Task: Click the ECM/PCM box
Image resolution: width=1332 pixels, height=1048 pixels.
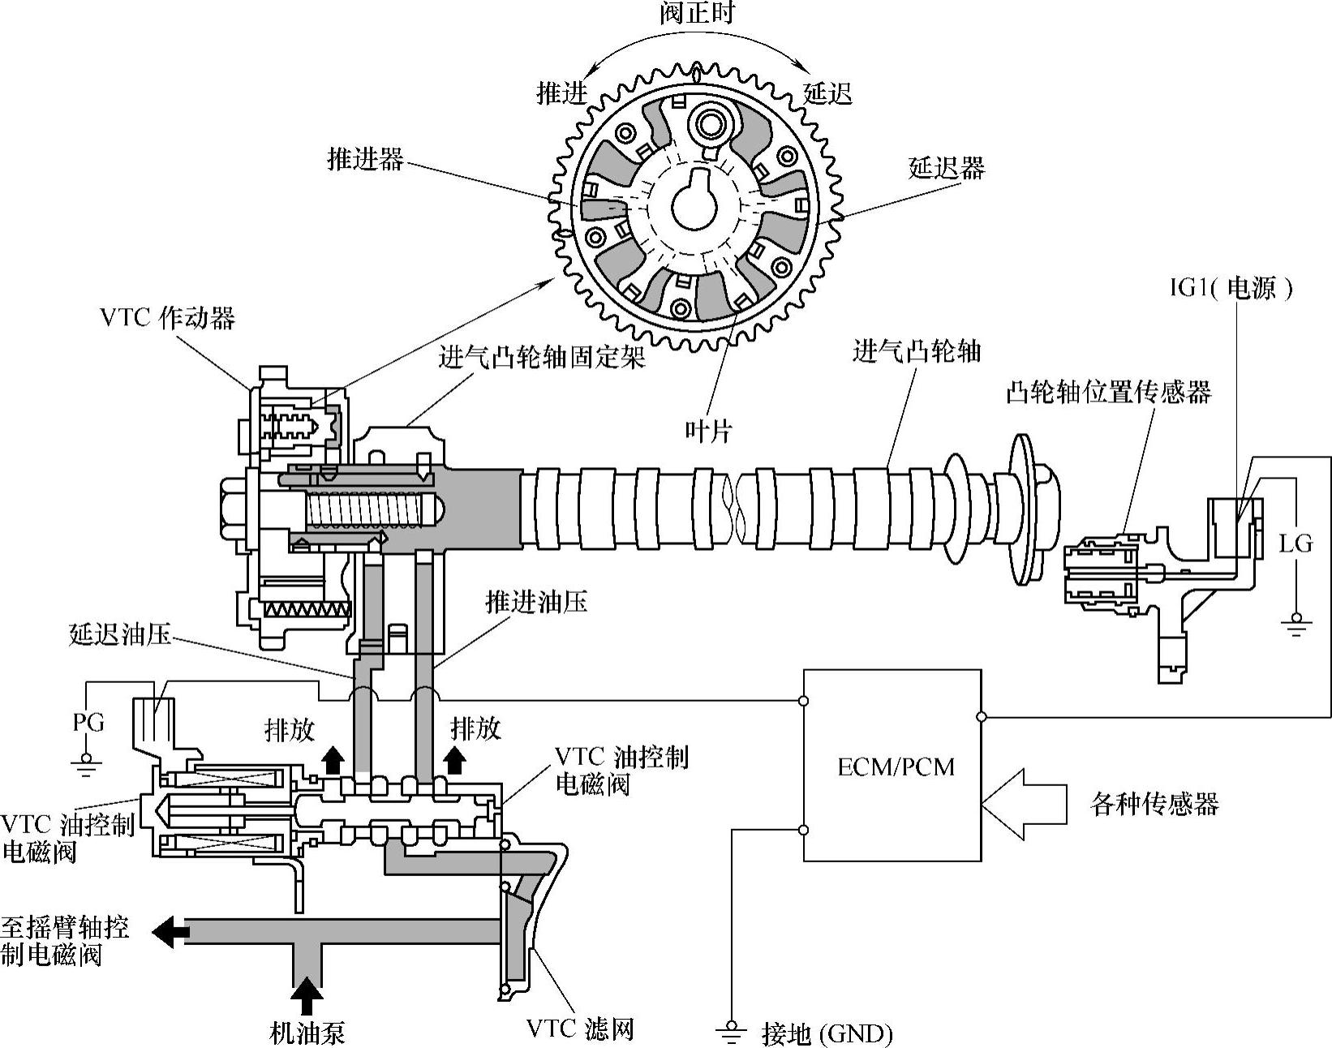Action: (892, 765)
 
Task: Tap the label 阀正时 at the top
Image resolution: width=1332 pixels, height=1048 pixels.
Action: (697, 14)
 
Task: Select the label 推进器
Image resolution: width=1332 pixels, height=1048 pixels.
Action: (365, 159)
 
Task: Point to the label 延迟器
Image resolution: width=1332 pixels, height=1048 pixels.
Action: (946, 168)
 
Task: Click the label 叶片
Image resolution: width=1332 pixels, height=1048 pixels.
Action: (707, 431)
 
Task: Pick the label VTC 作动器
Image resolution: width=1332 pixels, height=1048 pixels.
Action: (168, 317)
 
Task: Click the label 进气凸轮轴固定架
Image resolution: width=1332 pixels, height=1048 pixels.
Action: (542, 357)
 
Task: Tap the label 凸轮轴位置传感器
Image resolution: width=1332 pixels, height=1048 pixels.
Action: (1108, 393)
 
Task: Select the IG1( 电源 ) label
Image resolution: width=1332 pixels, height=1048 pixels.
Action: (1231, 288)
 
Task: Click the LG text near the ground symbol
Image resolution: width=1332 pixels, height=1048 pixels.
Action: (1295, 543)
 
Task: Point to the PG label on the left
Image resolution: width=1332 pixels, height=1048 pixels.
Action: (89, 722)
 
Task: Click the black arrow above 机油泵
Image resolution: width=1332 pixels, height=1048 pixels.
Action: (307, 994)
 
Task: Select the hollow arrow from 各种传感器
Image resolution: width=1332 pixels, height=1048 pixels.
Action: (1024, 805)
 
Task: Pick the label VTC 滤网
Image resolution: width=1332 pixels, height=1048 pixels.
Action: (579, 1029)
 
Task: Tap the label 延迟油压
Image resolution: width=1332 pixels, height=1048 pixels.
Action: (121, 634)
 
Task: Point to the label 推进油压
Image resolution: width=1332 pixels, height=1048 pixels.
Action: (536, 602)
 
